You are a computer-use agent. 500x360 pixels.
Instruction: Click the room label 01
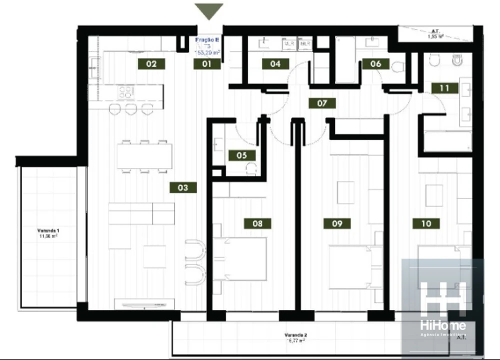click(207, 64)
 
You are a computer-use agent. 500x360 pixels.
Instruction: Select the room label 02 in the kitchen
click(151, 64)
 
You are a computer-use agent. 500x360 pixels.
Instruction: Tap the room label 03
click(182, 187)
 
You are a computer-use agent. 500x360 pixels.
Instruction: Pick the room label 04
click(275, 64)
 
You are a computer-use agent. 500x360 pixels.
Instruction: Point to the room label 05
click(241, 155)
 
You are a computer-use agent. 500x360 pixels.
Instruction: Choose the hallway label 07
click(321, 103)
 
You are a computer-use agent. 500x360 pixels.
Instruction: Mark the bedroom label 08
click(257, 223)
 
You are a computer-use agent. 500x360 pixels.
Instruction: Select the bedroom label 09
click(337, 223)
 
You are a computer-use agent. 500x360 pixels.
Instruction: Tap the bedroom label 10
click(426, 223)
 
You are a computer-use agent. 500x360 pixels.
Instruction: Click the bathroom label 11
click(444, 88)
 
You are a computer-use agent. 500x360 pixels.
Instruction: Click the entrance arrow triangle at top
click(209, 10)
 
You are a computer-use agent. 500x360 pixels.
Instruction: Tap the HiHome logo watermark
click(442, 305)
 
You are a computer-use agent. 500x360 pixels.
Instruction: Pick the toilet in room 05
click(251, 168)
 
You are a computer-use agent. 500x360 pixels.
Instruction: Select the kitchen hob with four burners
click(126, 92)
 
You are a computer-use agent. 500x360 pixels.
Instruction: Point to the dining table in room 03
click(144, 156)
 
